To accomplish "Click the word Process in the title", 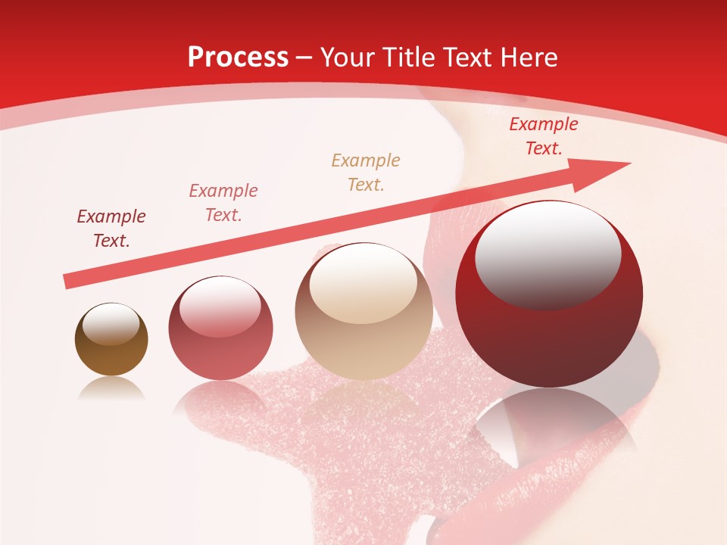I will pos(238,58).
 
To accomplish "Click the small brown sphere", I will pos(111,340).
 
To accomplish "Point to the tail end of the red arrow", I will pos(68,281).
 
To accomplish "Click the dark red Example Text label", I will pos(111,229).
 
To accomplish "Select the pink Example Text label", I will pos(223,203).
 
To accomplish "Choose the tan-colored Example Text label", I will pos(366,173).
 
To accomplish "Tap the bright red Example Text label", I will pos(543,136).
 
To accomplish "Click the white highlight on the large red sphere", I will pos(548,254).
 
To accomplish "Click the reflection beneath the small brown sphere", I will pos(111,388).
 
